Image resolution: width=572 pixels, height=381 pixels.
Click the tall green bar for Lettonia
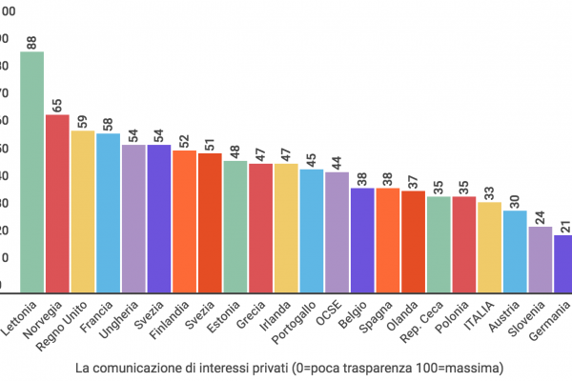pyautogui.click(x=32, y=171)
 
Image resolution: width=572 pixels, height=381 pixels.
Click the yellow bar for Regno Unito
pyautogui.click(x=83, y=211)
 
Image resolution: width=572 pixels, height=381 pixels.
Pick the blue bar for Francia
pyautogui.click(x=108, y=211)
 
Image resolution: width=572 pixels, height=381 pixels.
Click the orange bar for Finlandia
pyautogui.click(x=184, y=220)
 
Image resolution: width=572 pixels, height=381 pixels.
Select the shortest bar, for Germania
pyautogui.click(x=563, y=262)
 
